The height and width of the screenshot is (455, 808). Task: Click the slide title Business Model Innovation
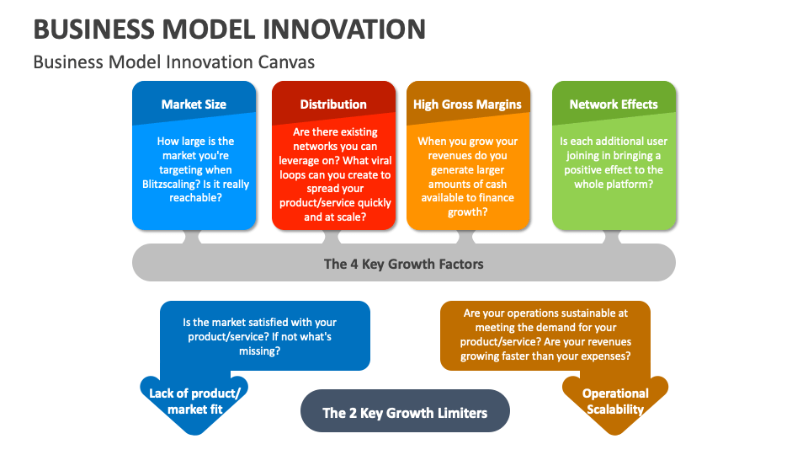[229, 29]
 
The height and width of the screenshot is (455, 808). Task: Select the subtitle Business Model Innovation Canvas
[173, 62]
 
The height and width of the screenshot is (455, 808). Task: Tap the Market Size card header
[194, 104]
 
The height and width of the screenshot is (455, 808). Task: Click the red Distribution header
[333, 104]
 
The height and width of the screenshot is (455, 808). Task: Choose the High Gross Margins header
[467, 104]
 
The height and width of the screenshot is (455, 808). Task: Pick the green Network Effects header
[614, 104]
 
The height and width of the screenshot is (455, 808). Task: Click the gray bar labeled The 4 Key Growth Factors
[404, 264]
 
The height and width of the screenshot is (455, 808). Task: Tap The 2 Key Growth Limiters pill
[405, 413]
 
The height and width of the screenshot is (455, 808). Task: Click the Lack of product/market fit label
[194, 401]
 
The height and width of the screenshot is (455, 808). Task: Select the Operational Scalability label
[615, 401]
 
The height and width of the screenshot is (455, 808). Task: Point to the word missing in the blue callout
[258, 351]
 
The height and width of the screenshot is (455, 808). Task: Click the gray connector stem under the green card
[614, 238]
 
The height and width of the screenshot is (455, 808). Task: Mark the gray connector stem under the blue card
[194, 238]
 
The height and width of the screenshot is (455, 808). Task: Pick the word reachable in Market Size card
[194, 198]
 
